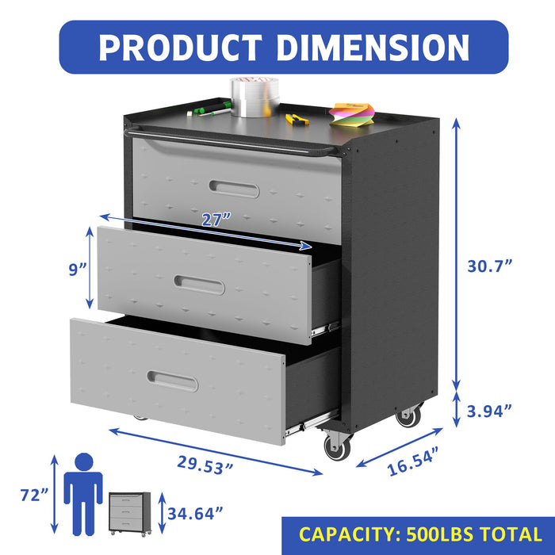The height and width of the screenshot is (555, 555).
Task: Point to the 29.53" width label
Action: (196, 465)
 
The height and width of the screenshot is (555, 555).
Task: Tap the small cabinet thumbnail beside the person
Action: (129, 512)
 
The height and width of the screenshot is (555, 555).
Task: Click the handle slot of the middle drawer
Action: (200, 285)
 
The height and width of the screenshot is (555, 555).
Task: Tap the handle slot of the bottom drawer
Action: (172, 381)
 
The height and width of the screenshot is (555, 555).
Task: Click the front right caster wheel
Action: (335, 448)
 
